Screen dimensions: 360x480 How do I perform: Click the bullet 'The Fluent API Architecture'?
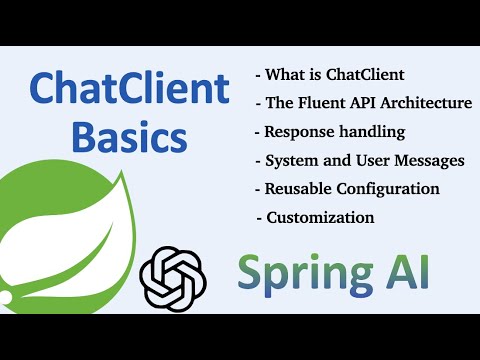point(364,102)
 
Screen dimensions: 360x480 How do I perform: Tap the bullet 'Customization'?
point(316,217)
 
